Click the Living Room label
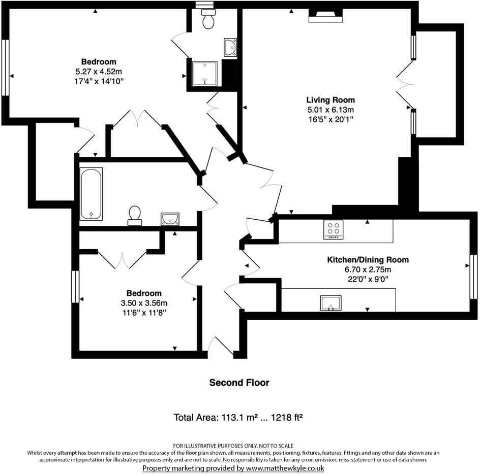click(330, 100)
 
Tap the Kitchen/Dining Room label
click(367, 260)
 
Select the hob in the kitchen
click(334, 230)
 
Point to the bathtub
click(91, 194)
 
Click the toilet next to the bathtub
click(135, 215)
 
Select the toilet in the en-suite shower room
click(208, 19)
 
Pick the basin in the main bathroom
click(169, 219)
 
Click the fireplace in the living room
click(325, 17)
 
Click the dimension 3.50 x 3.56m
click(143, 303)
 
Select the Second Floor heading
click(239, 383)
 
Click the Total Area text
click(238, 418)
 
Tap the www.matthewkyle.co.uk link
click(285, 468)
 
